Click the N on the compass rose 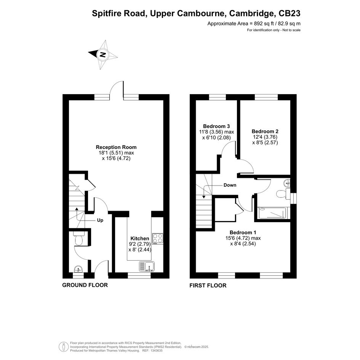[x=102, y=54]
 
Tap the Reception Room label [x=116, y=147]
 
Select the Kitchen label [x=140, y=238]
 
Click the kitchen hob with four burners [x=158, y=238]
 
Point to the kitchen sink [x=147, y=267]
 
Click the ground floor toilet [x=79, y=238]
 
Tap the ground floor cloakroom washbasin [x=78, y=269]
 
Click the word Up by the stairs [x=100, y=220]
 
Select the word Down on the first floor [x=230, y=185]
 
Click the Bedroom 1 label [x=243, y=233]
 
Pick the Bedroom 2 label [x=265, y=131]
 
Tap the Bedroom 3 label [x=216, y=126]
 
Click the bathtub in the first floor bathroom [x=272, y=213]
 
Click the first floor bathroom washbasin [x=287, y=183]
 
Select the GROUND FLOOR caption [x=85, y=285]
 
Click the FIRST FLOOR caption [x=208, y=285]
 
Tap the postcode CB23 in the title [x=289, y=13]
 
